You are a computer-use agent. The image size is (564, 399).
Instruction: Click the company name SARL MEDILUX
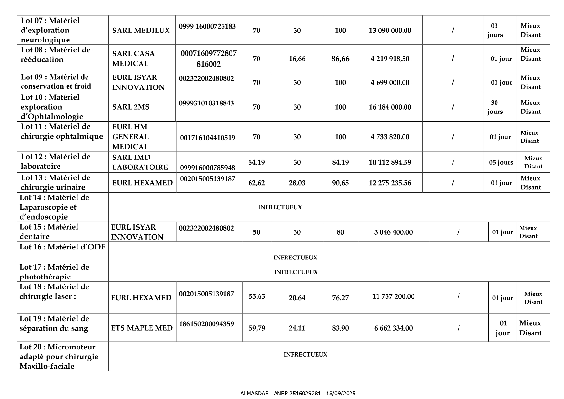coord(141,31)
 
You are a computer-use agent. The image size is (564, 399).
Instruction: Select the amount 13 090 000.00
coord(390,31)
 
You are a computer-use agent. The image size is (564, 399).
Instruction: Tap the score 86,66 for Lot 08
coord(340,59)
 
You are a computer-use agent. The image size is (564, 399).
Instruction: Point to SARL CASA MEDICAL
coord(133,59)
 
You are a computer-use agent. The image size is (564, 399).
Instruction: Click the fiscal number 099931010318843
coord(206,103)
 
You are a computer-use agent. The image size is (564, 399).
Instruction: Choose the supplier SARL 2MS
coord(131,107)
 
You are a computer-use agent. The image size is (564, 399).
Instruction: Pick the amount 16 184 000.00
coord(390,107)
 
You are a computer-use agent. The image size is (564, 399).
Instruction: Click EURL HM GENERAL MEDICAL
coord(130,137)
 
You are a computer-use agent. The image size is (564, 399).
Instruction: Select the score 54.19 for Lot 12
coord(256,162)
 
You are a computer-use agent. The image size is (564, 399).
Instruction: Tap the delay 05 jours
coord(501,162)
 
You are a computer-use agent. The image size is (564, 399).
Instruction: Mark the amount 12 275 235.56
coord(390,183)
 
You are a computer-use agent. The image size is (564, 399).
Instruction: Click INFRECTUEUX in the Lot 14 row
coord(280,207)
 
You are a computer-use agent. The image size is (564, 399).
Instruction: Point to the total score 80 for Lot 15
coord(340,232)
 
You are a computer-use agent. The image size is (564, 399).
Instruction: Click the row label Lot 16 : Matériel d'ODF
coord(62,247)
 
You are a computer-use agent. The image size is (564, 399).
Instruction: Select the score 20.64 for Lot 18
coord(297,298)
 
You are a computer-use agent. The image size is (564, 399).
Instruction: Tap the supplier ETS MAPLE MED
coord(142,328)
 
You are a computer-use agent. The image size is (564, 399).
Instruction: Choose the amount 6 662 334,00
coord(393,328)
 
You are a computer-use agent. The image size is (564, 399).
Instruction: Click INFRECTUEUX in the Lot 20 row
coord(305,355)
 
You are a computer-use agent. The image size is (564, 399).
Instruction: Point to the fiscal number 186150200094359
coord(206,324)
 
